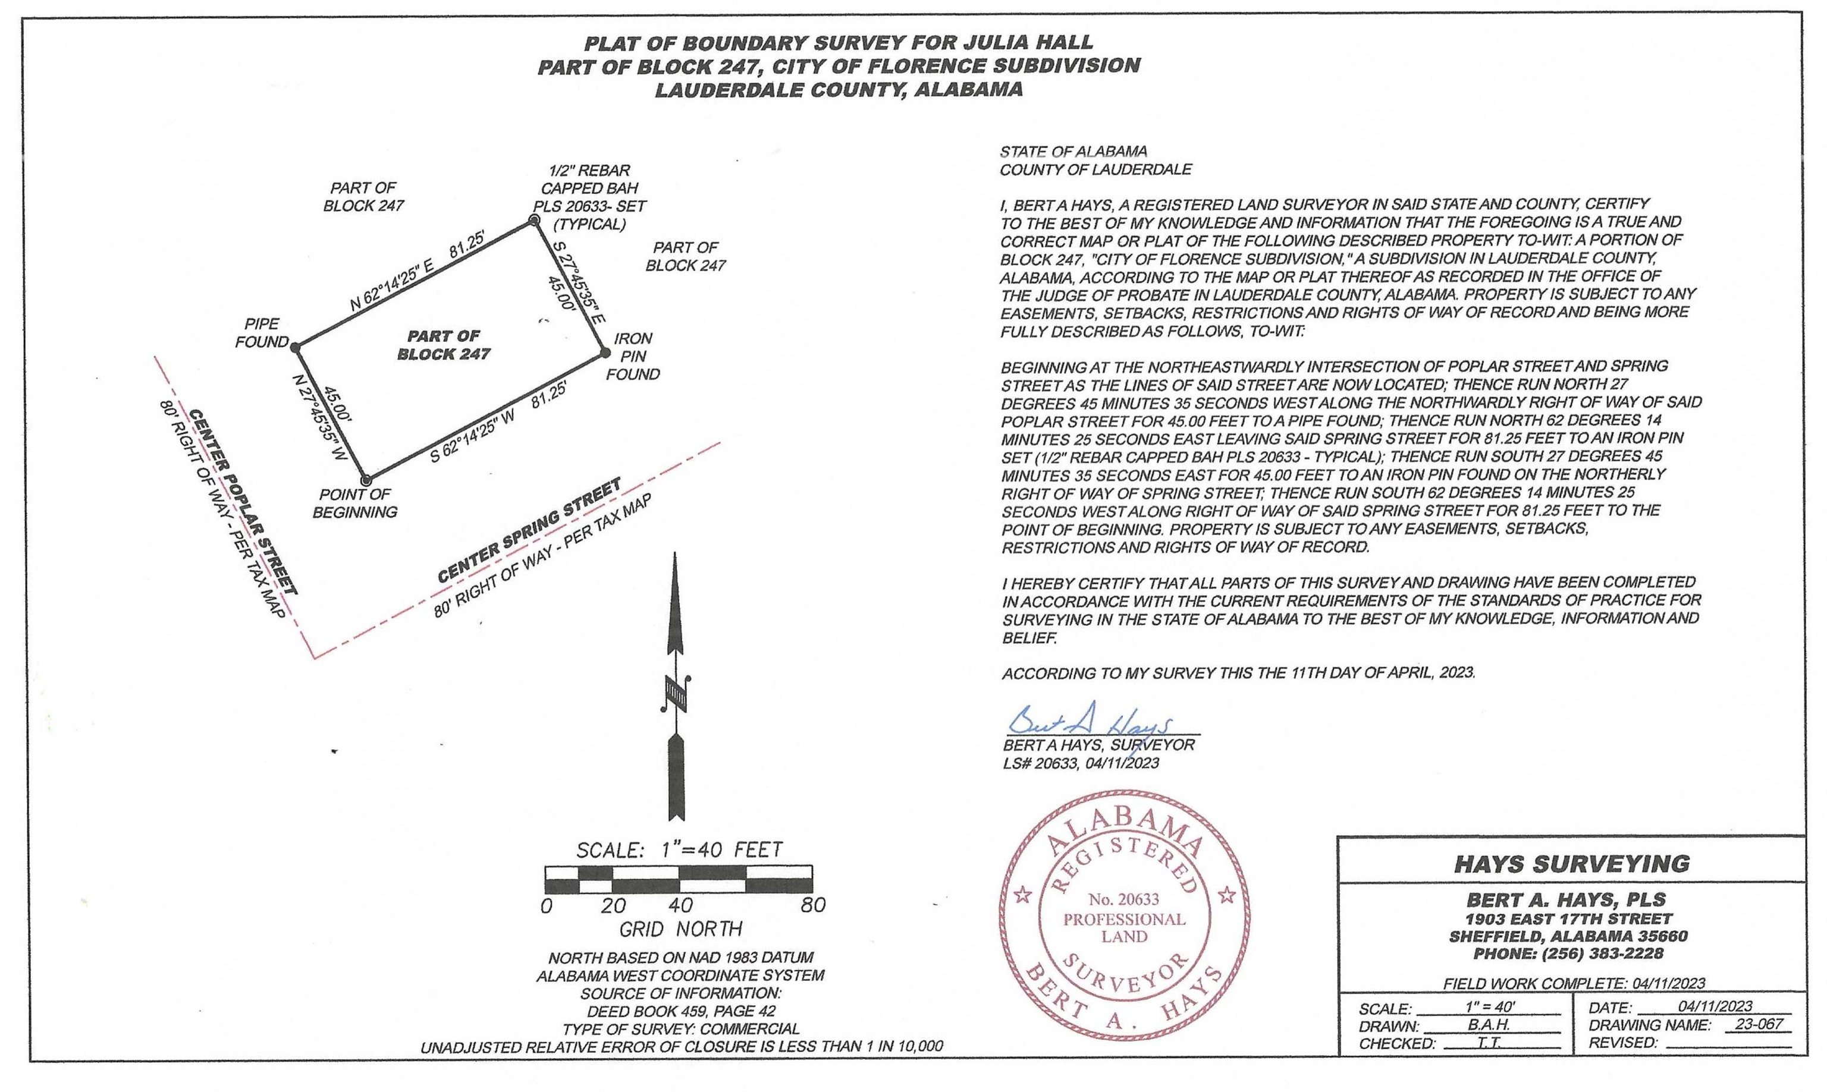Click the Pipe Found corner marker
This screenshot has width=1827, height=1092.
pyautogui.click(x=294, y=346)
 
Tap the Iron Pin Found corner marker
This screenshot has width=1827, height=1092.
pyautogui.click(x=604, y=353)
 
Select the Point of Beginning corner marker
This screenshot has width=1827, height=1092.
pyautogui.click(x=365, y=480)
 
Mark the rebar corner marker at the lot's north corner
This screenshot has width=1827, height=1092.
pyautogui.click(x=535, y=220)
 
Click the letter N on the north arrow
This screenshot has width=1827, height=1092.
pyautogui.click(x=675, y=692)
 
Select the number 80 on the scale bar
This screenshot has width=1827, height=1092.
pyautogui.click(x=812, y=905)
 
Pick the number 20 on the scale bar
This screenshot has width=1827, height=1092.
pyautogui.click(x=613, y=905)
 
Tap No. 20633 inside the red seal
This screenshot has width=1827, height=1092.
pyautogui.click(x=1124, y=899)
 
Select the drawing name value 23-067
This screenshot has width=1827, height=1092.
pyautogui.click(x=1758, y=1024)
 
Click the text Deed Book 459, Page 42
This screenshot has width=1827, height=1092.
pyautogui.click(x=681, y=1011)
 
